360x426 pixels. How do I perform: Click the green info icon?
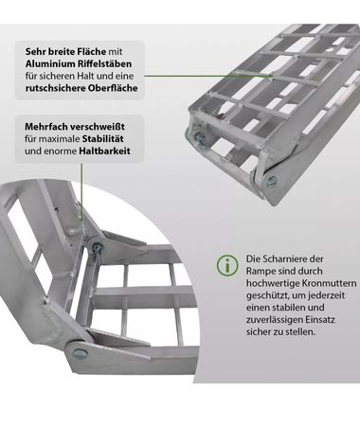[227, 265]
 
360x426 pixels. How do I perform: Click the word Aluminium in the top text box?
[49, 63]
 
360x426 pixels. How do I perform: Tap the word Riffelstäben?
[104, 63]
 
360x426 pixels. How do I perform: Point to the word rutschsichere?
[55, 88]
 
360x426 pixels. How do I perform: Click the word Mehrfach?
[45, 127]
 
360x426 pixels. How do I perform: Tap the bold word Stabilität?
[102, 139]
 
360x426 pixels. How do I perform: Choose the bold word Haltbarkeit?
[104, 151]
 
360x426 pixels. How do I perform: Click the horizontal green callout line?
[208, 76]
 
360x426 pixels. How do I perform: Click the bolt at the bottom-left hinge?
[78, 352]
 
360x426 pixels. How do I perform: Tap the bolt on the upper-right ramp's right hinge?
[271, 182]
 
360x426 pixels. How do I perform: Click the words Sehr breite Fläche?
[65, 51]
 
